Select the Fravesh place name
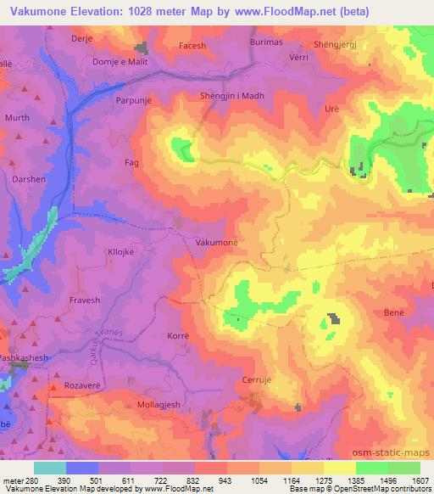click(x=84, y=300)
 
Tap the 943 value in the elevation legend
click(x=203, y=480)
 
